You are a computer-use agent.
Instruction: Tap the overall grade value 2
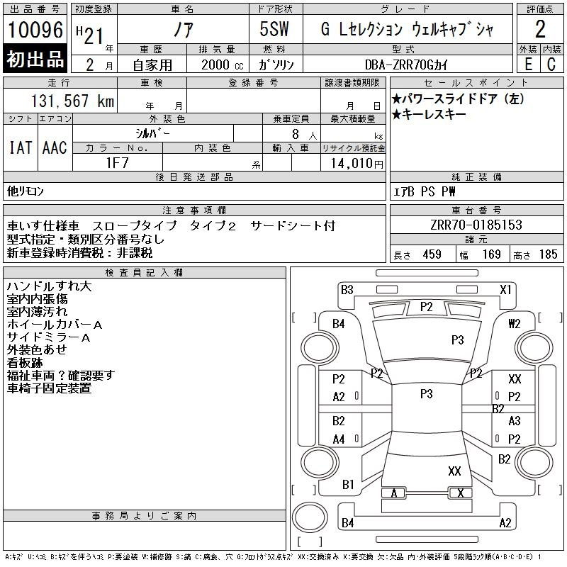click(540, 30)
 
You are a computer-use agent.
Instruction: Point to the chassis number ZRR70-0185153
click(476, 225)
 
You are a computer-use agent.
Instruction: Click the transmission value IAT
click(20, 147)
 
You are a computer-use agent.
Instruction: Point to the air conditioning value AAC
click(55, 147)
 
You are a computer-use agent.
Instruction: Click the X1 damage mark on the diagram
click(505, 290)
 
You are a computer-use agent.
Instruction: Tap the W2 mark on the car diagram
click(515, 324)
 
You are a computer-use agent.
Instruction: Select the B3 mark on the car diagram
click(347, 290)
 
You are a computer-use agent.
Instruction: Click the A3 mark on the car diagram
click(515, 421)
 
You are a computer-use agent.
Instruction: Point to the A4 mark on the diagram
click(339, 439)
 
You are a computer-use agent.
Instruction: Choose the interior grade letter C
click(551, 63)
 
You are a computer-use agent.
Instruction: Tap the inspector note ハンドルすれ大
click(49, 286)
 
